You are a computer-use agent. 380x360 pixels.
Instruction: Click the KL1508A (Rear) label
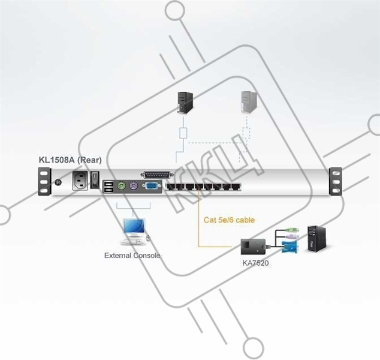[70, 160]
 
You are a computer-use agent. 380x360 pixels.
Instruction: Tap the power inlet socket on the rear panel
[80, 181]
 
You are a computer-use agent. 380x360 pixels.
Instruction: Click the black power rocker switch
[95, 180]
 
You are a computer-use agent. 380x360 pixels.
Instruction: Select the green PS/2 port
[122, 186]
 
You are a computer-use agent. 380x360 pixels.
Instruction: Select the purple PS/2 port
[134, 186]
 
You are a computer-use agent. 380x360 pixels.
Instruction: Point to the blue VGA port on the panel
[152, 186]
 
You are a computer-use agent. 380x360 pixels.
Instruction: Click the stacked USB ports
[108, 187]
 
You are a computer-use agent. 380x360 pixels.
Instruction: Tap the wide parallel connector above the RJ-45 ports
[157, 175]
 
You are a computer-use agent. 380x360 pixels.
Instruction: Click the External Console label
[132, 256]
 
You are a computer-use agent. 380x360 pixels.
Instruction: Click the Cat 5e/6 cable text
[229, 220]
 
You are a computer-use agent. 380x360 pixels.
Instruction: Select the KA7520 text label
[256, 263]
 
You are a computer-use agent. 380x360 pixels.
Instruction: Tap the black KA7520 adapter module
[253, 247]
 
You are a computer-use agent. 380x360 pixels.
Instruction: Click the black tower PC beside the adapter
[316, 239]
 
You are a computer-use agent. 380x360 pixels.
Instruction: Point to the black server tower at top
[185, 103]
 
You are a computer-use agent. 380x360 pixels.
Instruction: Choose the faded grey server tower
[249, 102]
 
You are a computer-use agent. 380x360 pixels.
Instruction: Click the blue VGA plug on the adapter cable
[289, 247]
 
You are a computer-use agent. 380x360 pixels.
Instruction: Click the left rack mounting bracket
[44, 181]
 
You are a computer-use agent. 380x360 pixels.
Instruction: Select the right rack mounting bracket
[336, 181]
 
